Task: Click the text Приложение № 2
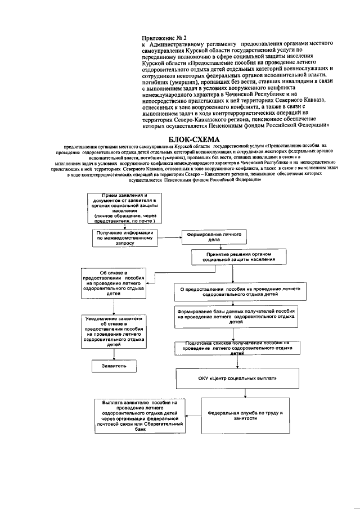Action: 163,37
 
